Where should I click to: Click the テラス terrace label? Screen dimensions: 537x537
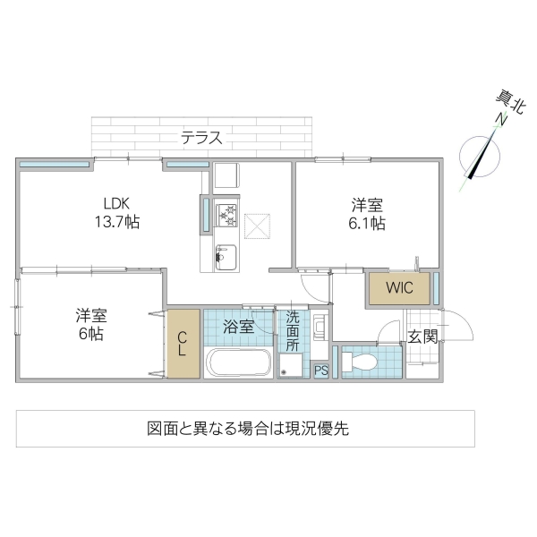point(201,138)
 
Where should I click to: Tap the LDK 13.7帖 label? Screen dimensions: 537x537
point(119,210)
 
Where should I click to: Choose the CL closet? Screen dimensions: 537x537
point(182,343)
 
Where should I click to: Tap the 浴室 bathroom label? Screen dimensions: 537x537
point(239,327)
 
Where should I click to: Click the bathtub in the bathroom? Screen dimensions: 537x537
point(238,364)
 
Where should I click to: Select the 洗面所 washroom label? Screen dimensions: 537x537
point(292,330)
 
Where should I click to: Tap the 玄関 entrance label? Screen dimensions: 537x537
point(422,337)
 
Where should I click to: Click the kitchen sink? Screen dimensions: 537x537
point(225,257)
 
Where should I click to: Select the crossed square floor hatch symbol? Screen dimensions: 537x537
point(258,227)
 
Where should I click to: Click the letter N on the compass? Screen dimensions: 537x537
point(502,121)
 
